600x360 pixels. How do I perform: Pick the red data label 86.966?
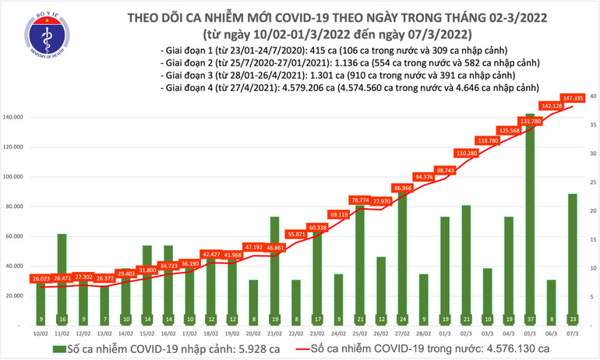point(402,188)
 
